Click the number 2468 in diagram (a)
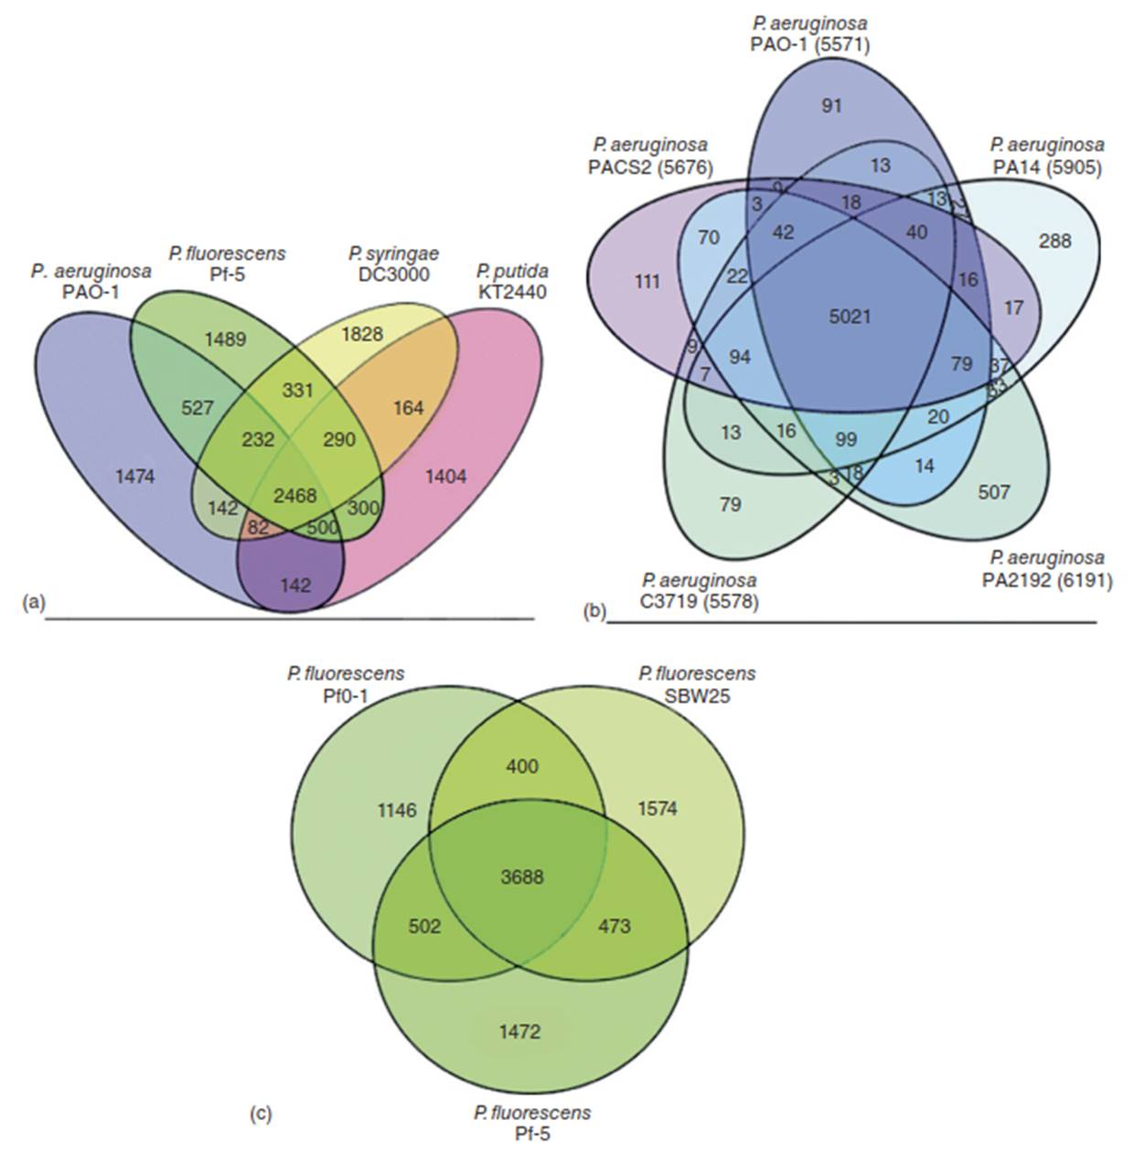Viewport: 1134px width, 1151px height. click(295, 496)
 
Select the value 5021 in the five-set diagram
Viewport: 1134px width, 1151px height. click(850, 317)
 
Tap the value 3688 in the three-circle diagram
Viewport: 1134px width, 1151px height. click(522, 877)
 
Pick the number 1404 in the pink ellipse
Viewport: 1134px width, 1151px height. click(445, 476)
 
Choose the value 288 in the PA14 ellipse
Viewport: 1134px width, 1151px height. click(1054, 242)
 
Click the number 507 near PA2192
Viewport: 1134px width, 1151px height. click(993, 493)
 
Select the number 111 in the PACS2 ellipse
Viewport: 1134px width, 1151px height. click(647, 282)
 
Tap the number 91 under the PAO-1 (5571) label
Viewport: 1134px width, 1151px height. click(831, 106)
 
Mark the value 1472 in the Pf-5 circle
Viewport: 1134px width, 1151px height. click(519, 1032)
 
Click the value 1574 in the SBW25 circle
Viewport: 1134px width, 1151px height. click(657, 809)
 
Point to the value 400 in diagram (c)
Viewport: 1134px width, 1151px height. click(521, 766)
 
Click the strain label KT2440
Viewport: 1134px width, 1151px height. click(511, 292)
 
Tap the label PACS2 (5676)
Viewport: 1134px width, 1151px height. click(649, 168)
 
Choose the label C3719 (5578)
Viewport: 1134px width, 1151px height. click(700, 603)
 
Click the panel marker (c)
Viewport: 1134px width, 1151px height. click(261, 1115)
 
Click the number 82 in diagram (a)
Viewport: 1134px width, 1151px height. click(257, 528)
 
